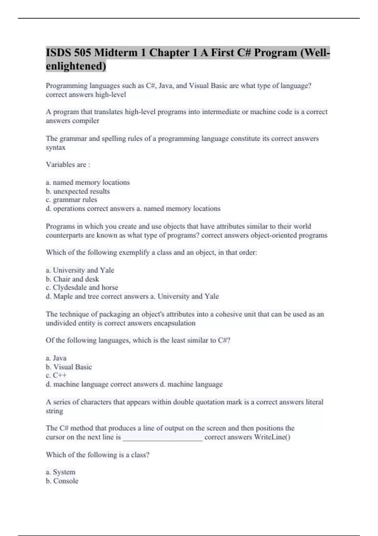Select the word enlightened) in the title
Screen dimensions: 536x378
point(76,66)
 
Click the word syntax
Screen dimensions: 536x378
point(55,148)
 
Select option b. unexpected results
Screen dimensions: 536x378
point(78,191)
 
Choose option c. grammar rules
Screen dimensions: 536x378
point(72,200)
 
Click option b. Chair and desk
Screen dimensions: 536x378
point(72,279)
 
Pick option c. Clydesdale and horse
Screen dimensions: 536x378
point(82,288)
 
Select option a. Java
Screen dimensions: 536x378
point(56,358)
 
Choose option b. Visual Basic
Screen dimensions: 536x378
point(69,367)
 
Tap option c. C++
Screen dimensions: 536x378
point(56,376)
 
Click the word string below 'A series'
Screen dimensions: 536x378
point(54,411)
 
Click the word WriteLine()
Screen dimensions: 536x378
point(272,437)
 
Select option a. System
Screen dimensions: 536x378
point(61,472)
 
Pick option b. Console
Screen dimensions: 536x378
point(62,481)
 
